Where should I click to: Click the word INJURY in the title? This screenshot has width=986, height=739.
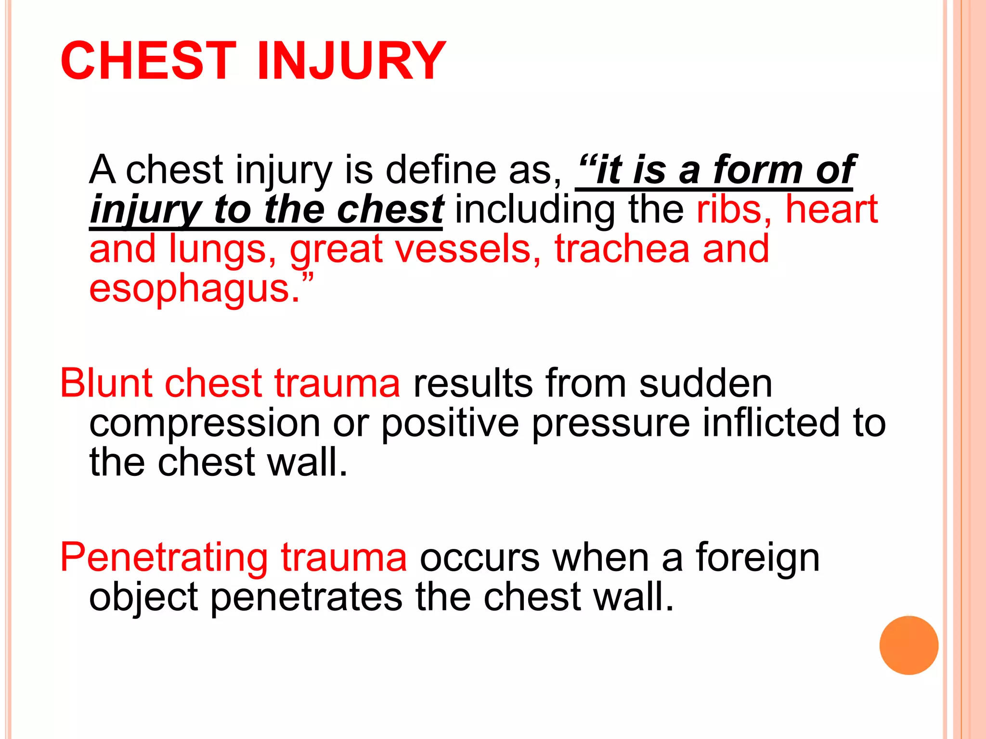point(351,61)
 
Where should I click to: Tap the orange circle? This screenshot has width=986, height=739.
point(908,645)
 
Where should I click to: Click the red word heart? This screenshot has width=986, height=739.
point(831,210)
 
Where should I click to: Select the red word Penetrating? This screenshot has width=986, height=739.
point(164,558)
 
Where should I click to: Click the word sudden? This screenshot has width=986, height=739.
point(705,383)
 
